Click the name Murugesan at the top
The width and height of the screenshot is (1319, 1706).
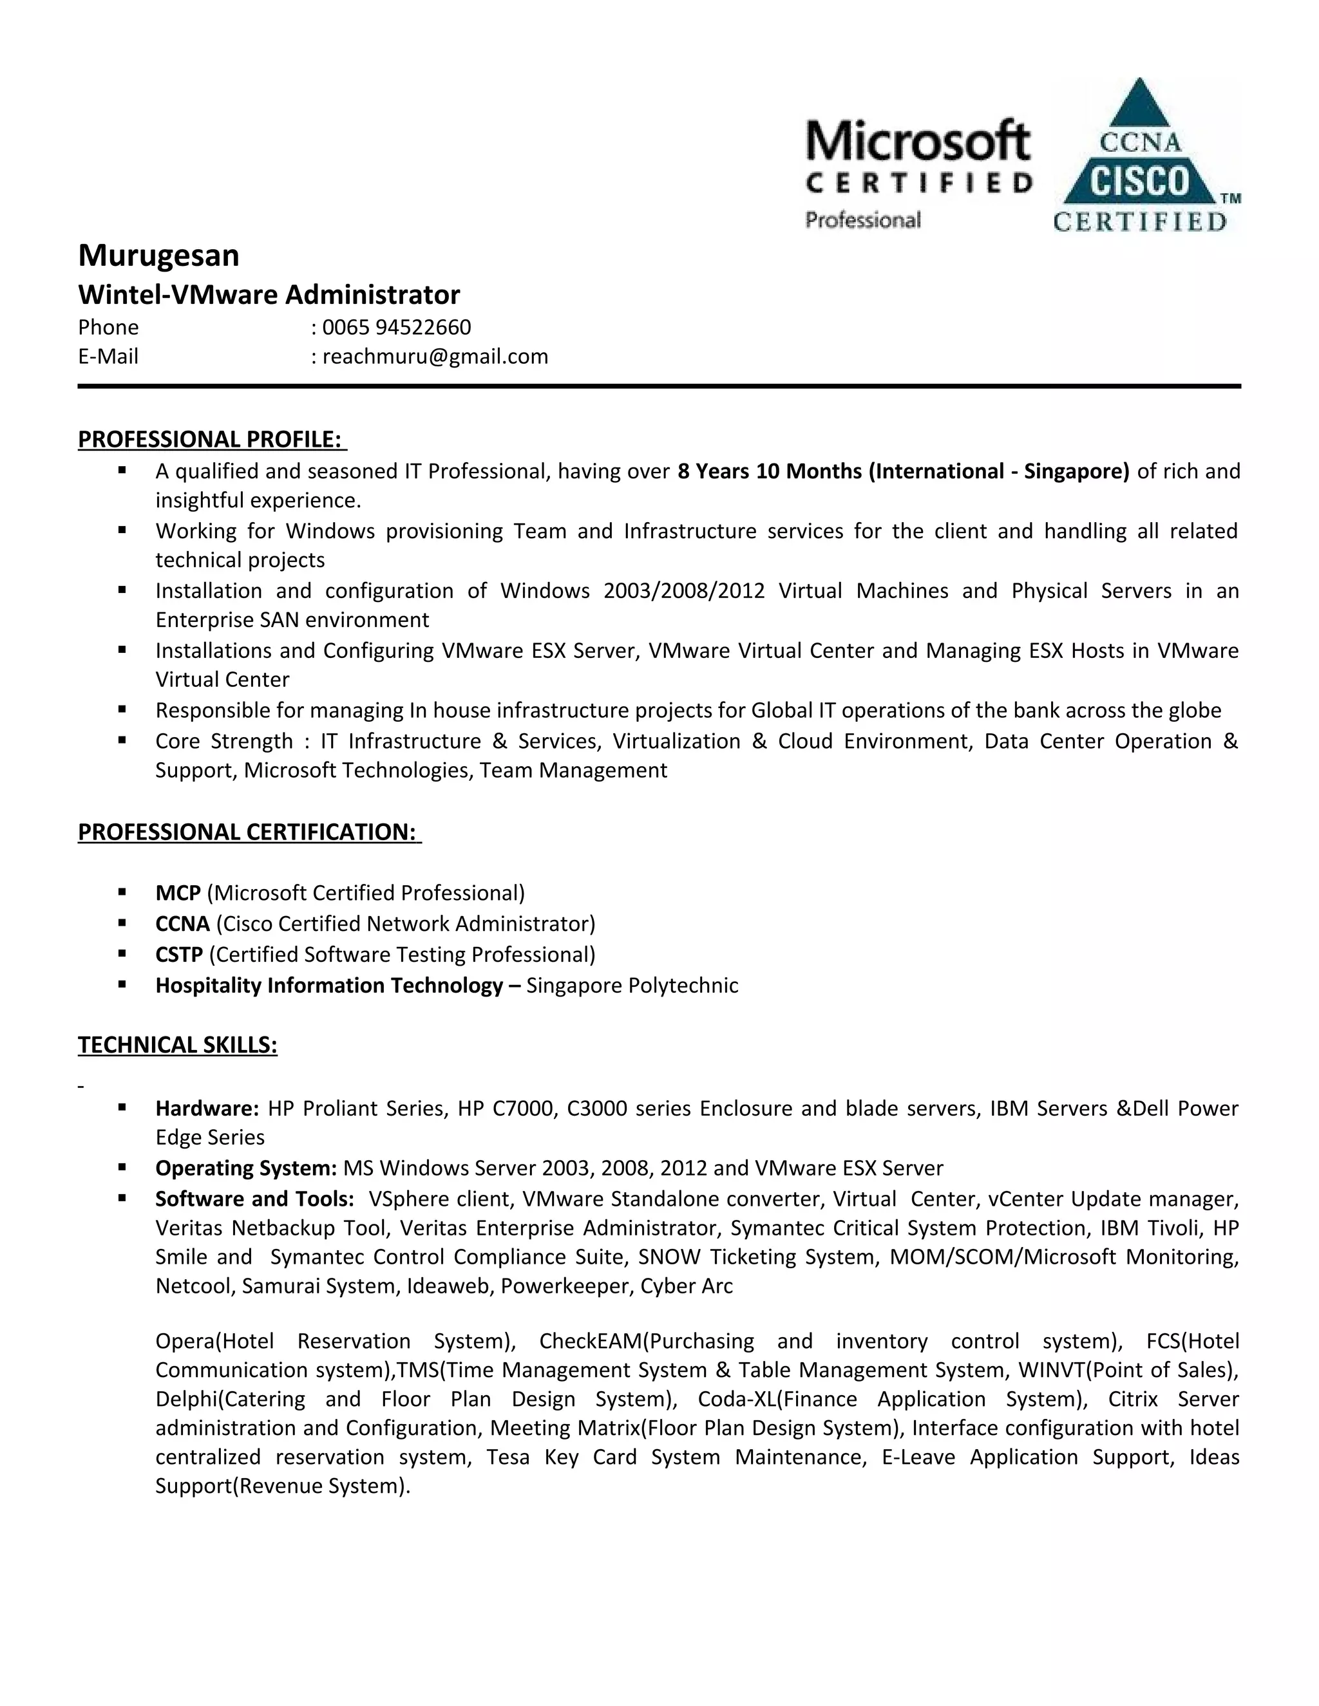point(158,256)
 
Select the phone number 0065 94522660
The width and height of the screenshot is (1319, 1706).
point(396,326)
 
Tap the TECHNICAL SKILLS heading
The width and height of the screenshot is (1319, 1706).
point(177,1044)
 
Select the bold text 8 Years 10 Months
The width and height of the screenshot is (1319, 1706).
point(769,471)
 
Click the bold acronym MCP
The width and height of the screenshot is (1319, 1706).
point(178,893)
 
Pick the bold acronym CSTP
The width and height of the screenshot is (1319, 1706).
point(179,955)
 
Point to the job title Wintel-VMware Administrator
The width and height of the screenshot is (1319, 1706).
point(269,294)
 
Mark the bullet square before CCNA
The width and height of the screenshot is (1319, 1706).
point(122,923)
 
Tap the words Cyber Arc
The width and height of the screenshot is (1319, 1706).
point(686,1286)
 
